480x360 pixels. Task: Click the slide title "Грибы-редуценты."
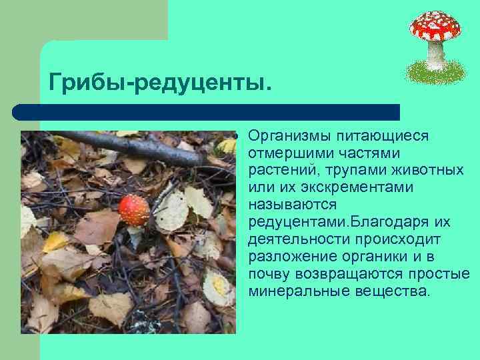click(160, 82)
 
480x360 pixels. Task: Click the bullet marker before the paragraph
click(235, 137)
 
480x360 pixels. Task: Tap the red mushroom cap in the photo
click(134, 209)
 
